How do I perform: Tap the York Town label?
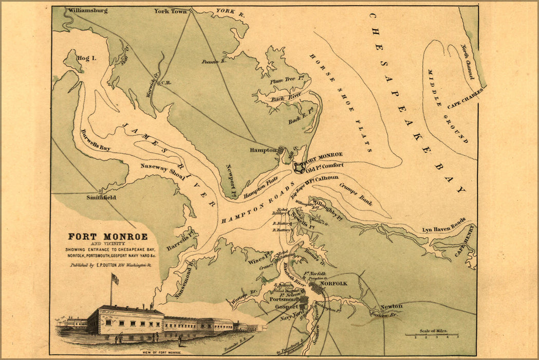(171, 11)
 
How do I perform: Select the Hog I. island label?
(86, 59)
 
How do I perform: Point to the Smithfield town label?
(101, 197)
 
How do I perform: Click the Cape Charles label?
(465, 98)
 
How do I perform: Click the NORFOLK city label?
(333, 283)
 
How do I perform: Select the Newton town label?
(391, 307)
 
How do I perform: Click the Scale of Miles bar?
(432, 335)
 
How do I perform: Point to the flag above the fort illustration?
(115, 279)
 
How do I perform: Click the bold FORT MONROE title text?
(108, 237)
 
